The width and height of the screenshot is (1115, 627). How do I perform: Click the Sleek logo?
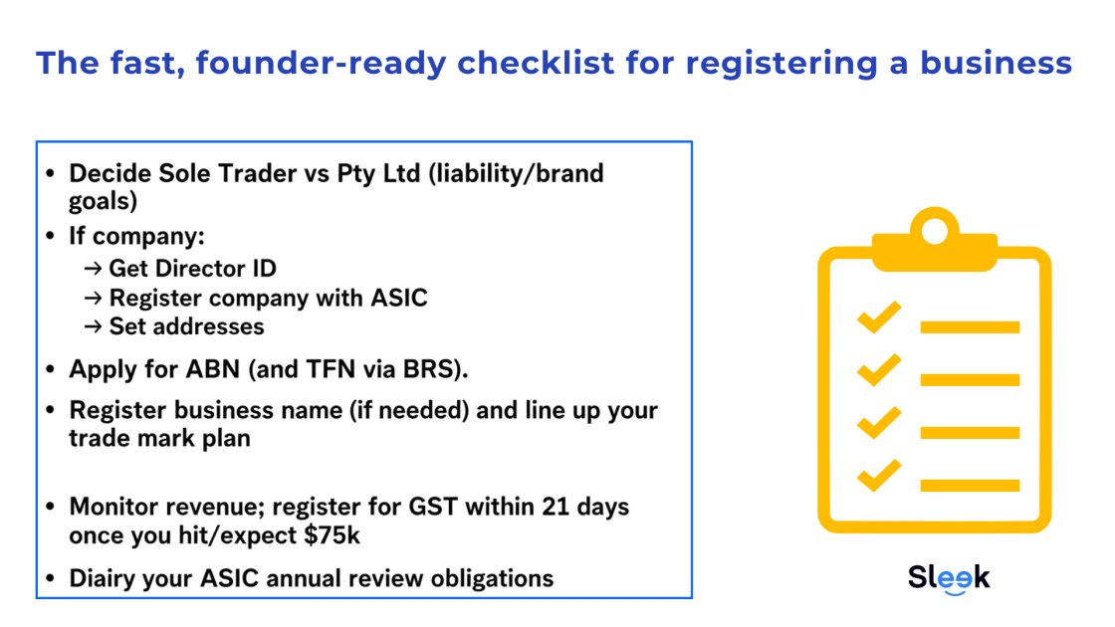[949, 578]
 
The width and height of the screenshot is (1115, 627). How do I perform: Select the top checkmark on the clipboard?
[879, 318]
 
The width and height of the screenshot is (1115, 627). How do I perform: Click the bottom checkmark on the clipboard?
[879, 477]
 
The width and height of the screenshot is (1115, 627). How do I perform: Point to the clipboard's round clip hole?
[935, 231]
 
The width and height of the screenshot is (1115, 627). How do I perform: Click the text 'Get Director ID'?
[192, 269]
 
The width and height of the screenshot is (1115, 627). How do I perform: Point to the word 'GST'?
[427, 507]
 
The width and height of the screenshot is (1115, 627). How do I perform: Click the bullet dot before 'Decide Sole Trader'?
[51, 174]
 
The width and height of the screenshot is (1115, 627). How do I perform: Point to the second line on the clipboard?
[970, 380]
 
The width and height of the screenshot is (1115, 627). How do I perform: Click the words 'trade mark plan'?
[159, 438]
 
